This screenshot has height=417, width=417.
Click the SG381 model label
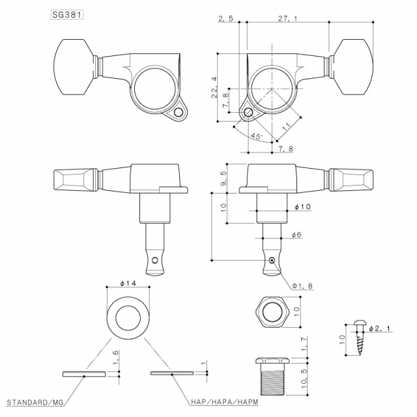[68, 14]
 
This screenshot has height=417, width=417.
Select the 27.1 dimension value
[285, 19]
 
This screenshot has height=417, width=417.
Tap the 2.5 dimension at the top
[227, 19]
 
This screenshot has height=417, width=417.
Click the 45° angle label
[256, 137]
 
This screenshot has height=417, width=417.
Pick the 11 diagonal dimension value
[287, 125]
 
